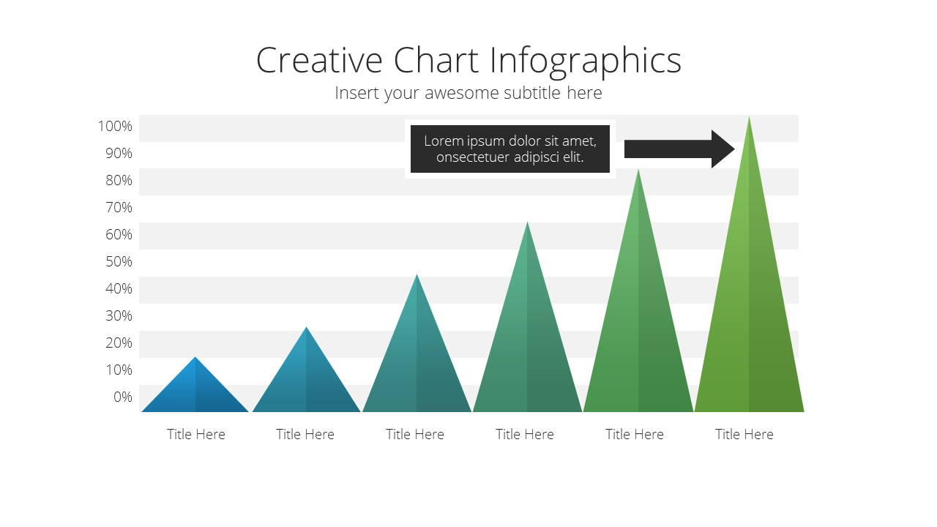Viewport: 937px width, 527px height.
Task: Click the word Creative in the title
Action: (319, 60)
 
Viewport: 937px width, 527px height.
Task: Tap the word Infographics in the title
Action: (586, 61)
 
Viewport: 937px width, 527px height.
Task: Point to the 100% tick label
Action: (115, 126)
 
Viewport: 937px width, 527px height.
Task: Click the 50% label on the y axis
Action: (119, 261)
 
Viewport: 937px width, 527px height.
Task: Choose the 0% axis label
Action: (122, 397)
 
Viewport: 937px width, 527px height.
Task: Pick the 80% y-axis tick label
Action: (119, 180)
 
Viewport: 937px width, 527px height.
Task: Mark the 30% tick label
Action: (119, 315)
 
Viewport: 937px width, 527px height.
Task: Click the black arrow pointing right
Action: (679, 149)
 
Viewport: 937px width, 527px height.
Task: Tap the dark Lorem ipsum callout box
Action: (510, 149)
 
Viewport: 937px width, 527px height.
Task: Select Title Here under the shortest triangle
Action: (195, 434)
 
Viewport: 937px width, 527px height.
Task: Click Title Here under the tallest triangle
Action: (744, 434)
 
